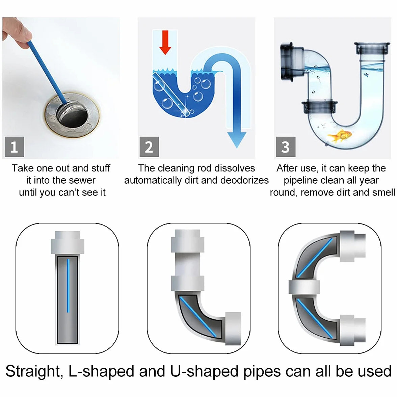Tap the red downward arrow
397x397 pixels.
(x=165, y=42)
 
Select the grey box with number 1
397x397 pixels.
(x=15, y=147)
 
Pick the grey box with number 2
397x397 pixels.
(x=149, y=147)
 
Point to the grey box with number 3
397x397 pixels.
(x=286, y=147)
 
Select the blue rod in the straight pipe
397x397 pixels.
(x=68, y=286)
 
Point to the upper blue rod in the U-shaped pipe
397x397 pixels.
(x=315, y=258)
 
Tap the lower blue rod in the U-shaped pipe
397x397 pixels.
(x=315, y=319)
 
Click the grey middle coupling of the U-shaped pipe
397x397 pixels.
(x=304, y=287)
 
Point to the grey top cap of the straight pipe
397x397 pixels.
(x=68, y=242)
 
